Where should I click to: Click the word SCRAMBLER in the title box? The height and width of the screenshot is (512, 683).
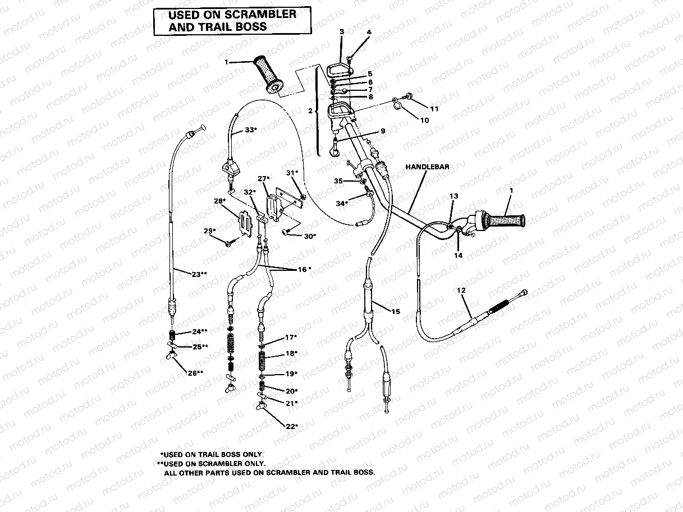click(262, 14)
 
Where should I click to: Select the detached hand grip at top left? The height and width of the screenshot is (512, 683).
click(269, 73)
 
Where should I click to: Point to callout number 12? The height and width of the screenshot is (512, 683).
click(461, 290)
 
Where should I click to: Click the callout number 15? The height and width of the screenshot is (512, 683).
click(396, 311)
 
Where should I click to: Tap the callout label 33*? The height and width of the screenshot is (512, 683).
click(250, 130)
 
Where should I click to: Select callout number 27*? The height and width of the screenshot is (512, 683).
click(264, 178)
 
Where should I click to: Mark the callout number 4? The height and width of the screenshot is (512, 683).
click(369, 32)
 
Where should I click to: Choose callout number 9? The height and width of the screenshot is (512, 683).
click(382, 131)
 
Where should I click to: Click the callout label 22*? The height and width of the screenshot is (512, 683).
click(291, 426)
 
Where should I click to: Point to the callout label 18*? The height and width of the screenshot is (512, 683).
click(291, 353)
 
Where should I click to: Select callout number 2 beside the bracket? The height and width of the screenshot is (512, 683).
click(310, 111)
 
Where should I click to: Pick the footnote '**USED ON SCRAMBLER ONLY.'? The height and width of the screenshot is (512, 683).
click(212, 464)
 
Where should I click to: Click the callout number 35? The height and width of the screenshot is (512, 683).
click(338, 181)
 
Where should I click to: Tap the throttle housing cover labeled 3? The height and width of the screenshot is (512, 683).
click(340, 68)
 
